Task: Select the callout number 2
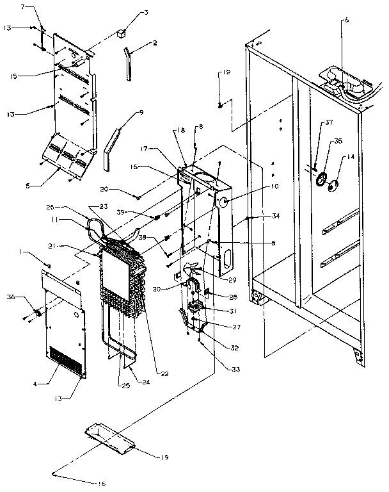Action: (x=155, y=43)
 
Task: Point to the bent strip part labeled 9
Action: (x=111, y=145)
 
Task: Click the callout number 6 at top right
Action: (x=347, y=20)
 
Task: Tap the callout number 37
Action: (x=329, y=123)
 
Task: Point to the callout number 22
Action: (x=164, y=374)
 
